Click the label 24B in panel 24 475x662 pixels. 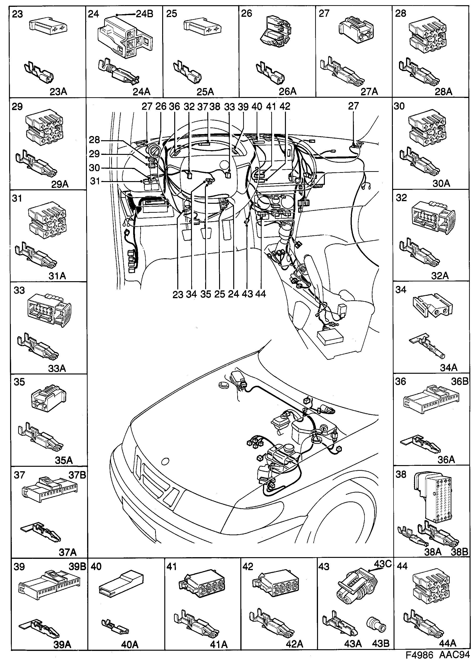click(144, 14)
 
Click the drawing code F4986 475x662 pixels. click(418, 654)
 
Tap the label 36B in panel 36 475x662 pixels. click(459, 382)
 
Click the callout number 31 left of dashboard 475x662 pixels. click(95, 181)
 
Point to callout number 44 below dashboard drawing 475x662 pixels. click(260, 294)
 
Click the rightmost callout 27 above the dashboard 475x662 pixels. click(353, 106)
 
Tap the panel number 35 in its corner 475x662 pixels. click(19, 382)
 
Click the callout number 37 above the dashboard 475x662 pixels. click(202, 106)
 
